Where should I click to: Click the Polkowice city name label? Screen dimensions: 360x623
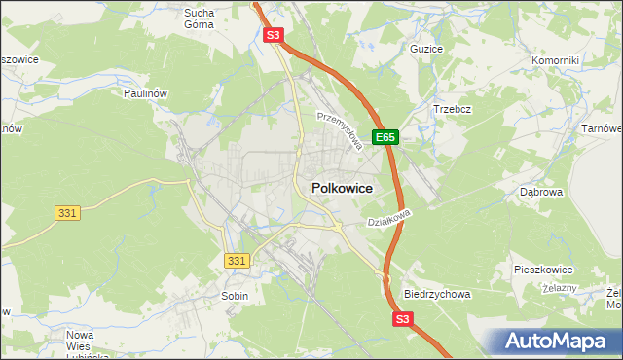tap(342, 189)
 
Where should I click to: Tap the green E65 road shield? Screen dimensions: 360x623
tap(386, 138)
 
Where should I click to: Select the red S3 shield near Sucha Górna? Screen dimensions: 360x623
tap(274, 36)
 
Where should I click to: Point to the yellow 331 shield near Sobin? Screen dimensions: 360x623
tap(237, 260)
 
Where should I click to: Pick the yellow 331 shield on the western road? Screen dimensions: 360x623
tap(65, 212)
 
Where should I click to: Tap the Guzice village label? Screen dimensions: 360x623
tap(426, 49)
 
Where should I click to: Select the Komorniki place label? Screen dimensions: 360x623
tap(556, 60)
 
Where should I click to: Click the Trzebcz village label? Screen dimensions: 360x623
tap(453, 109)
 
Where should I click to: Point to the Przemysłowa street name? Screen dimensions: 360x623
tap(341, 129)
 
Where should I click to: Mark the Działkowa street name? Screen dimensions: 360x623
tap(390, 217)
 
